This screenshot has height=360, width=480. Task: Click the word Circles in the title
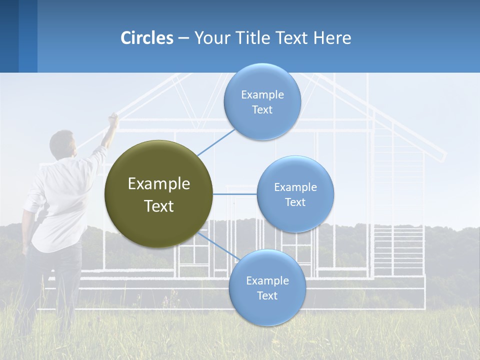[147, 38]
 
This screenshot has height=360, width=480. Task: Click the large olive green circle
[158, 194]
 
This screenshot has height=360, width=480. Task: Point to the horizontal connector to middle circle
[235, 194]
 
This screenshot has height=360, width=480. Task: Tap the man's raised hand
[113, 118]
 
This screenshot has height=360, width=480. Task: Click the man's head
[62, 142]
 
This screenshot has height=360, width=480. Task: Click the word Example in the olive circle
[158, 184]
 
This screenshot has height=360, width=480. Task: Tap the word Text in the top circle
[262, 110]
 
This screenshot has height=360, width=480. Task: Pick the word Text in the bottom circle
[267, 296]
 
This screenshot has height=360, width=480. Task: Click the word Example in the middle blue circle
[295, 187]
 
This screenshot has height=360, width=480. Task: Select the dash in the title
[183, 38]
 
